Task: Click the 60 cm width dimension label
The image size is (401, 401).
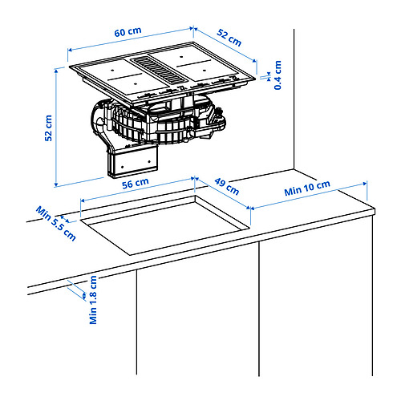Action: pyautogui.click(x=127, y=33)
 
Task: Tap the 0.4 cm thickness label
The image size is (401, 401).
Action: pyautogui.click(x=277, y=74)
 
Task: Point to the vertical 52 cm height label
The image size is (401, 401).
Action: pyautogui.click(x=48, y=128)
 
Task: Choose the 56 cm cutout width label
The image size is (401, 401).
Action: pyautogui.click(x=136, y=183)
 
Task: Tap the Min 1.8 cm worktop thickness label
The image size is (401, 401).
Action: pyautogui.click(x=93, y=300)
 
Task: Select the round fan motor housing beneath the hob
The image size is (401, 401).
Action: pyautogui.click(x=160, y=124)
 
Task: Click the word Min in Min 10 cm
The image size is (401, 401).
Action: pyautogui.click(x=294, y=193)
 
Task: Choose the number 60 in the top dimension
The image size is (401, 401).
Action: pyautogui.click(x=120, y=33)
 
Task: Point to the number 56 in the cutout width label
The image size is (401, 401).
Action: pyautogui.click(x=130, y=183)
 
